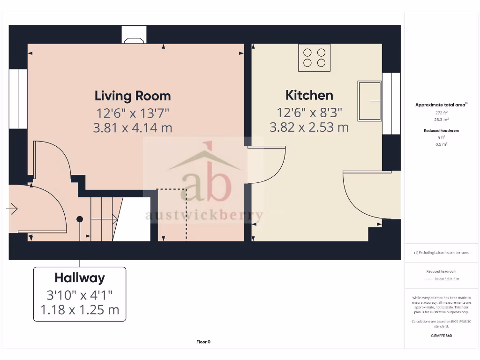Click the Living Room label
(x=133, y=96)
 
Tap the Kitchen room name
(x=309, y=95)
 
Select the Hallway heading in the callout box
(x=80, y=278)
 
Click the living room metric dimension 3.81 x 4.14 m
(x=133, y=127)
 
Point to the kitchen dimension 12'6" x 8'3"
(x=309, y=112)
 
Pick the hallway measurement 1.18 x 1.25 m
(x=80, y=310)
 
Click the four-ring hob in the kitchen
(x=315, y=58)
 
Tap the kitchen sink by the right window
(x=370, y=100)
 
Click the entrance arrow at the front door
(x=13, y=209)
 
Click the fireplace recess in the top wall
(x=134, y=35)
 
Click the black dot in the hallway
(x=80, y=219)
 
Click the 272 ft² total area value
(x=441, y=113)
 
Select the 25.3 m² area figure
(x=441, y=120)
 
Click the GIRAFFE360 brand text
(x=441, y=336)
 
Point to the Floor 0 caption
(x=203, y=342)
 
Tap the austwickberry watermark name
(x=204, y=216)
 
